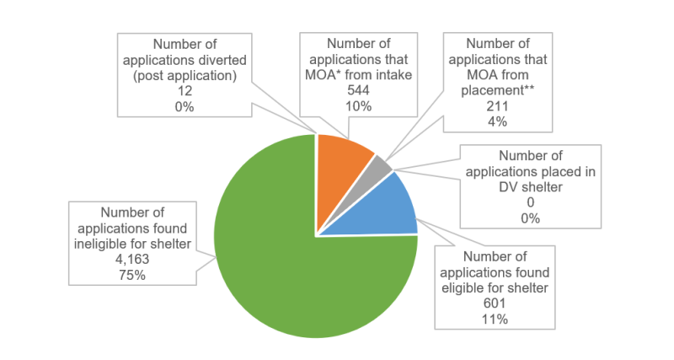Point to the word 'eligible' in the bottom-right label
coord(465,287)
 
